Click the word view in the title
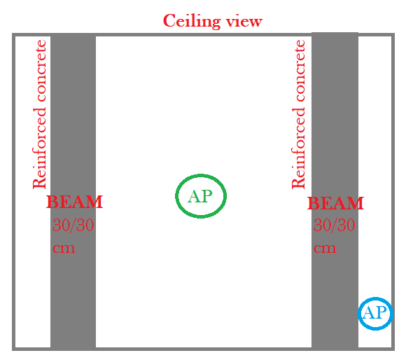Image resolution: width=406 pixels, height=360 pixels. (x=242, y=21)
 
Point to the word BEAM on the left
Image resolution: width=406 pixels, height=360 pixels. (x=74, y=203)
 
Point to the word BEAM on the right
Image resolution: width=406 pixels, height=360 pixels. (x=335, y=204)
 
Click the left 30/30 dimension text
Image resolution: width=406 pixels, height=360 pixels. (x=73, y=226)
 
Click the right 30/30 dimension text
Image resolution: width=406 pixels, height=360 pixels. (x=334, y=226)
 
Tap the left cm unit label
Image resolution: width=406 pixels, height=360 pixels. (x=64, y=248)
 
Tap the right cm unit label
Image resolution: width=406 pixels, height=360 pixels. (x=325, y=248)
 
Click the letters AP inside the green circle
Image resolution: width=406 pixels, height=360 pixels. (x=200, y=196)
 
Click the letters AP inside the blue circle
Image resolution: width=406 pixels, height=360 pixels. (x=375, y=313)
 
